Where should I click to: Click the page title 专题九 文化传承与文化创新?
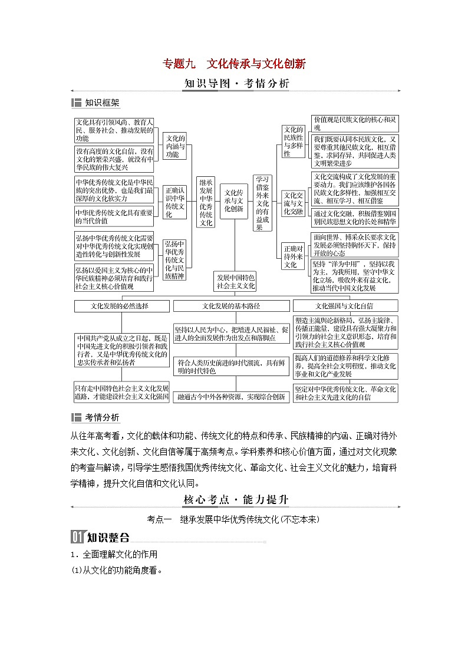(234, 63)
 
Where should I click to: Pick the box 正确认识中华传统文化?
(174, 202)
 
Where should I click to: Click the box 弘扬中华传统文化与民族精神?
(174, 259)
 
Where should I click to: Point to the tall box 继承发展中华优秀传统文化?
(206, 202)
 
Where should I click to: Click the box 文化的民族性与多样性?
(293, 141)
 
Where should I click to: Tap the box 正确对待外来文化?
(293, 256)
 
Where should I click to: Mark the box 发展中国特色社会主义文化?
(236, 281)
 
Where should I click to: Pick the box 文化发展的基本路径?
(231, 306)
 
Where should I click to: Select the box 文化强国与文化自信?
(345, 306)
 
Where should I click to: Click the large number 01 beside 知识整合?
(78, 537)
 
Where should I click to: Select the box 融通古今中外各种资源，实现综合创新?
(231, 397)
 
